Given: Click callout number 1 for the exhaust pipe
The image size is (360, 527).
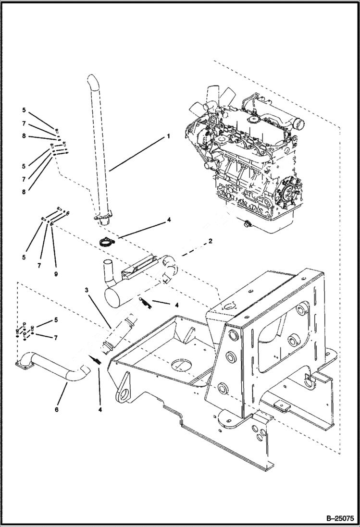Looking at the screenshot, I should coord(168,136).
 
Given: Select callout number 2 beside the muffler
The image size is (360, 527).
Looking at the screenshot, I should coord(210,242).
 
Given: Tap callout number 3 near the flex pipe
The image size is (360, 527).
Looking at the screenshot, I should coord(87,290).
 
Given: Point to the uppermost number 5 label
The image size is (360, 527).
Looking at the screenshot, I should coord(24,110).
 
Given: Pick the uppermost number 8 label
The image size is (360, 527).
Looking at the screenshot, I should coord(24,136).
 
